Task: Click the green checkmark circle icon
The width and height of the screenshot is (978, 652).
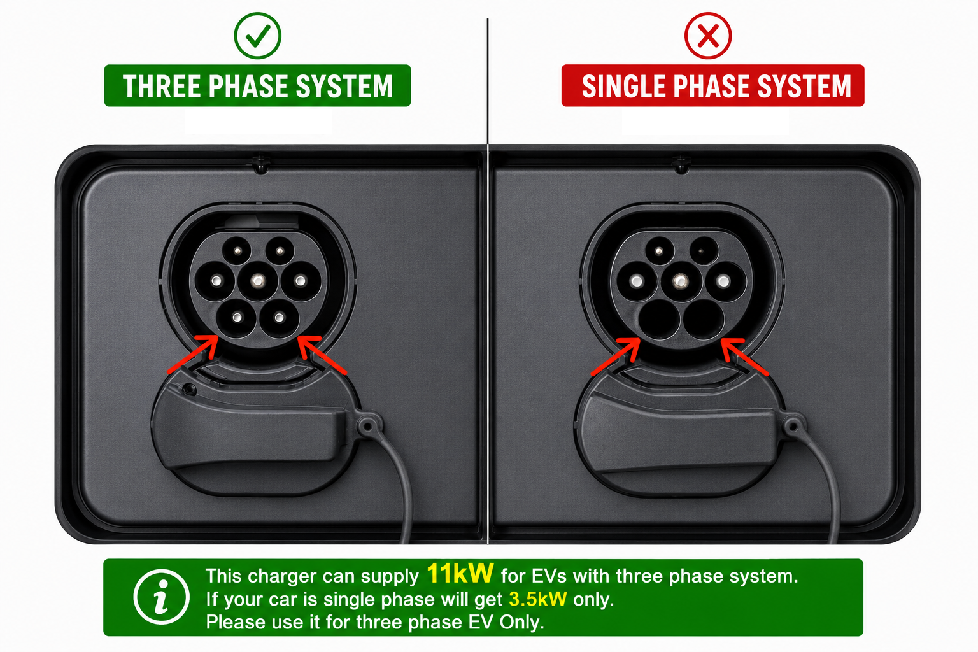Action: coord(258,36)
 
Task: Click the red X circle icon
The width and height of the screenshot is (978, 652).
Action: coord(708,36)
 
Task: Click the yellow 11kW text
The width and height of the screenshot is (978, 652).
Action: coord(460,573)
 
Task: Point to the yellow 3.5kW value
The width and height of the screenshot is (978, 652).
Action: coord(538,599)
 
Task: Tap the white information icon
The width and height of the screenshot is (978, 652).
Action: coord(162,597)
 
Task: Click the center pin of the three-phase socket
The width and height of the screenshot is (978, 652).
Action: coord(258,281)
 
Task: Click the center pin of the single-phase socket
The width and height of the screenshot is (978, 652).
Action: coord(680,281)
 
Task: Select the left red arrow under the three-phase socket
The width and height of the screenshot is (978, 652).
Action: coord(193,354)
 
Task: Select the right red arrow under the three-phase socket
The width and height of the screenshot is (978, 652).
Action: coord(322,355)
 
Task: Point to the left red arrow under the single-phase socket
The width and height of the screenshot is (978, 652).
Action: coord(616,357)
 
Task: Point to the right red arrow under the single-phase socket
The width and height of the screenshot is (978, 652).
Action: coord(745,357)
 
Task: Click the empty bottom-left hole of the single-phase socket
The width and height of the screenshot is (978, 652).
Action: coord(659,319)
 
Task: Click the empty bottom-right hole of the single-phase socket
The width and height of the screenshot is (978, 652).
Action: coord(704,319)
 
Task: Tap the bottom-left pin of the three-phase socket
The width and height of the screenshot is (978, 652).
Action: coord(236,318)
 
